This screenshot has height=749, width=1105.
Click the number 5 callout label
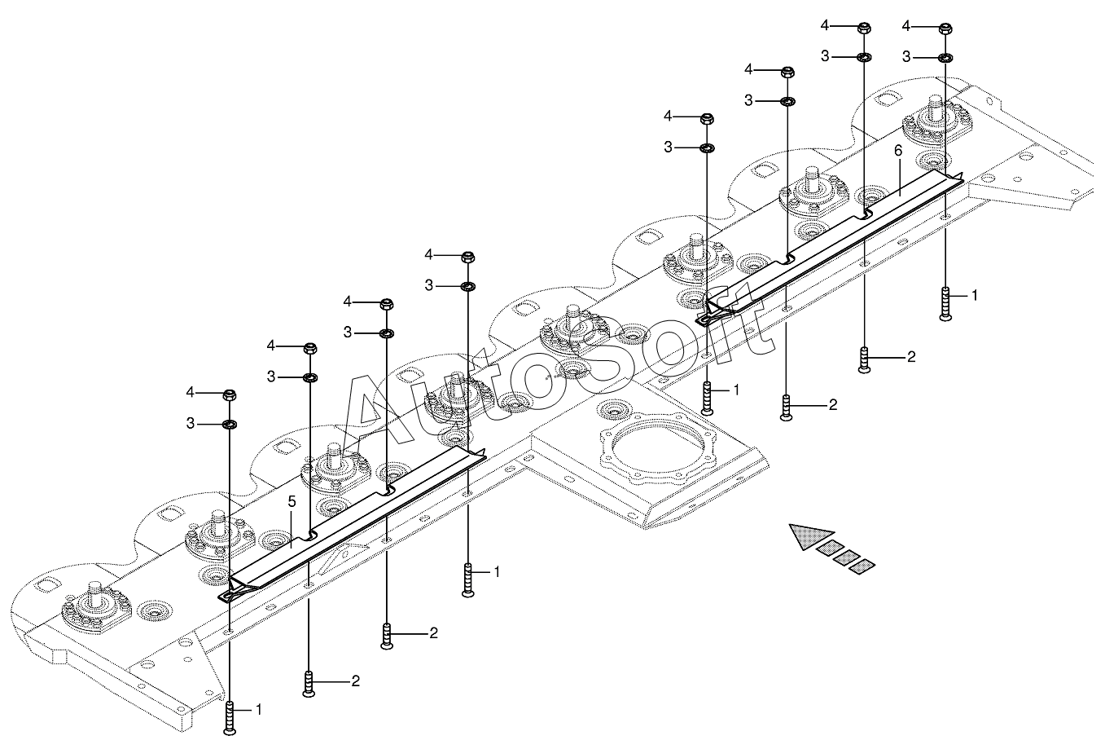(292, 501)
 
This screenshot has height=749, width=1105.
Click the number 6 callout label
(898, 151)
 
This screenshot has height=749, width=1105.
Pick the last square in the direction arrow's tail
(862, 566)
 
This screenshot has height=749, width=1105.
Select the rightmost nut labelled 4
(945, 29)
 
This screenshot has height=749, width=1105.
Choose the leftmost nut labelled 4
(230, 395)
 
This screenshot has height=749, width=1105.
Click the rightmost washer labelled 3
(945, 58)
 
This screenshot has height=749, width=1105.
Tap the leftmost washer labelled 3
(230, 424)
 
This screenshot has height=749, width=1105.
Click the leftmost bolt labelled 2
(309, 685)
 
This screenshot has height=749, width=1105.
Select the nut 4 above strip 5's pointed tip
(468, 258)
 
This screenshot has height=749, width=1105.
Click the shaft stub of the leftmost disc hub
(95, 591)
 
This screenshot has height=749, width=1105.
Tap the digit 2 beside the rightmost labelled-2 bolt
(911, 356)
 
